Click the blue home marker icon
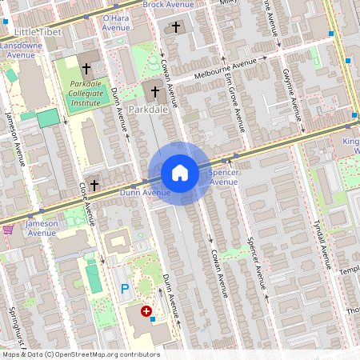pos(180,173)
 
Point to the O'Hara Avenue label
pos(116,22)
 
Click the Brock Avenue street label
pos(169,5)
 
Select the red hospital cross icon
pos(146,311)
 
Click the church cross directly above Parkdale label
pos(154,92)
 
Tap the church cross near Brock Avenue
pos(176,27)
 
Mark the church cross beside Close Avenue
pos(94,185)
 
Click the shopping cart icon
pos(8,229)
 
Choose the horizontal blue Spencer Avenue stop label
pos(223,177)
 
